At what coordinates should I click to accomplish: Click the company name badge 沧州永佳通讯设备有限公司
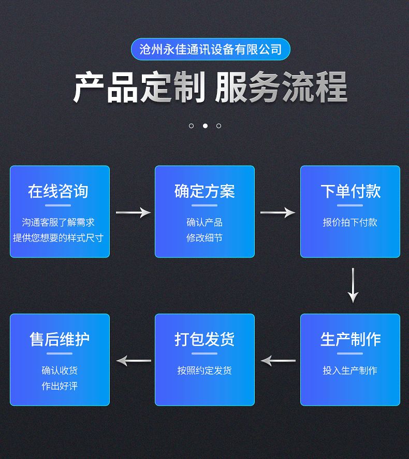point(210,49)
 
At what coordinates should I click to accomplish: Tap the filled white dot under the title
point(205,125)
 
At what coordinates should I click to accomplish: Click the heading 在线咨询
point(59,191)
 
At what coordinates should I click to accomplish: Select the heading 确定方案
point(204,191)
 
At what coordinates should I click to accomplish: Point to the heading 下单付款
point(350,191)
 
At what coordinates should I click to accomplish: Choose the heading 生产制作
point(350,339)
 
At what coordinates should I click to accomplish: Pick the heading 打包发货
point(204,339)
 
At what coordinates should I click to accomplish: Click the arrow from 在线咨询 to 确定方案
point(133,212)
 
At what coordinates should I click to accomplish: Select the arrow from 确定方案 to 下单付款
point(277,212)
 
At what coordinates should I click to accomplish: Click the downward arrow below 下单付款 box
point(353,285)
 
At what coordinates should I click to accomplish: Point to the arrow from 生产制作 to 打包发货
point(278,360)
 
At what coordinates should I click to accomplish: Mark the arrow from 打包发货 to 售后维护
point(133,360)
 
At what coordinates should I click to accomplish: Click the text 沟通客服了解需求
point(59,222)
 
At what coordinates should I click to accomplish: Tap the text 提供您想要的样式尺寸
point(59,238)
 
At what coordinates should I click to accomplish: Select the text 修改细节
point(204,238)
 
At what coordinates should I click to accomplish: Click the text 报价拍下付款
point(350,222)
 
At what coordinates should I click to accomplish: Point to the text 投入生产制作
point(350,370)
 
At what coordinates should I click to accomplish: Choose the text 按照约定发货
point(204,370)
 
